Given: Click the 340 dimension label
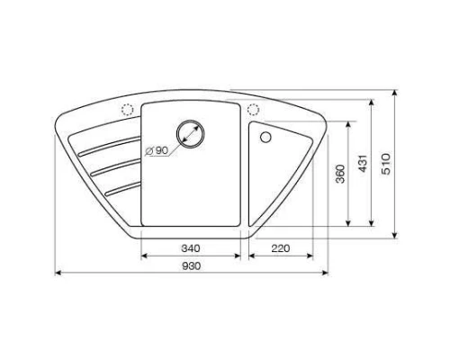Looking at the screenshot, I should (x=190, y=247).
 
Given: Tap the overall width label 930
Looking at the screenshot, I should (x=190, y=266).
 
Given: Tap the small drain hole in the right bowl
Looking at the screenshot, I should (x=265, y=138).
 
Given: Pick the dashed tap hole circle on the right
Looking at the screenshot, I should (x=253, y=110).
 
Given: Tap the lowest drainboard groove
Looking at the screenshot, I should (x=119, y=188).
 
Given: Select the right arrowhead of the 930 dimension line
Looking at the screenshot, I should (x=324, y=272).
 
